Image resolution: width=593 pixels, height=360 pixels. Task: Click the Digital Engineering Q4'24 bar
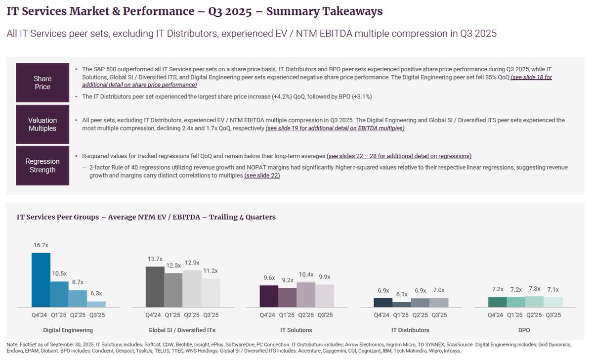[x=41, y=280]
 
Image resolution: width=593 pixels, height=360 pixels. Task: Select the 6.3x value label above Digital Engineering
[x=96, y=294]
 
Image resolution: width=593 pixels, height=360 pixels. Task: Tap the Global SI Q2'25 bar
[x=192, y=289]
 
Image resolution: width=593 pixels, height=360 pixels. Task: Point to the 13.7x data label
[x=155, y=259]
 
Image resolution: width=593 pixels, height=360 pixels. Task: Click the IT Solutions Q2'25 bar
[x=306, y=295]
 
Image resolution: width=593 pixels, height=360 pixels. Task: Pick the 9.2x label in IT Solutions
[x=288, y=280]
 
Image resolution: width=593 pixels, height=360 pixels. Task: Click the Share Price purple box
[x=42, y=83]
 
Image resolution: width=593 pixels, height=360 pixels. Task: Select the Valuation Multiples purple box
[x=42, y=124]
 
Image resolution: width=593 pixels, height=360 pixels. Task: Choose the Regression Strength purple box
[x=42, y=165]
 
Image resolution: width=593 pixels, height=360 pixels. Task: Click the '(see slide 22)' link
[x=262, y=176]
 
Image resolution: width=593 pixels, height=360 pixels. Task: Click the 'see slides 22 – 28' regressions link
[x=399, y=156]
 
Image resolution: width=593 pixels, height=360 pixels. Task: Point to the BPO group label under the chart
[x=525, y=330]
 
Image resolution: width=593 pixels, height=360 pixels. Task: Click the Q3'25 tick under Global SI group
[x=211, y=315]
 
